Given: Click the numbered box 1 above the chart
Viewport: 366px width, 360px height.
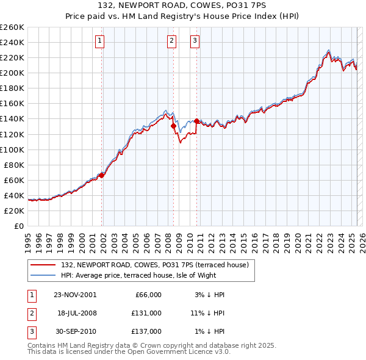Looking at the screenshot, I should pos(99,41).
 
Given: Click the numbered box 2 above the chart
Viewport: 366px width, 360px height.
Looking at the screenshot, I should pos(171,41).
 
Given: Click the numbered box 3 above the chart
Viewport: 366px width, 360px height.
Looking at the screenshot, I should pos(195,41).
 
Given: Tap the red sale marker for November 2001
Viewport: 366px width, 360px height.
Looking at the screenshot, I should pos(102,175).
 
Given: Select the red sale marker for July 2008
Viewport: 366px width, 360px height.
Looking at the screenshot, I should pos(173,126).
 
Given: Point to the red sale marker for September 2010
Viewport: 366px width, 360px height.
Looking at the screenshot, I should pos(197,121).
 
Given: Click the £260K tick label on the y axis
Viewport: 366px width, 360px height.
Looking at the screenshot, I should pos(12,27).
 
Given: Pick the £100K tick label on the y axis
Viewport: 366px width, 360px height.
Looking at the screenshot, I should pos(12,149).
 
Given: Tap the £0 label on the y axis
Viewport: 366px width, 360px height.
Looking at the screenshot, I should pos(18,226).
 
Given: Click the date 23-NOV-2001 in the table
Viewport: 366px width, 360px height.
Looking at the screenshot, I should pos(75,295).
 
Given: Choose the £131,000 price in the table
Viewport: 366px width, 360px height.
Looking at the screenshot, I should pos(146,313).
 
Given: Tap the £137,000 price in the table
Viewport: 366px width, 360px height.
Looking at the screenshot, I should pos(146,331).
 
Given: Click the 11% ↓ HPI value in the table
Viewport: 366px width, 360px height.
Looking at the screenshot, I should pos(207,313).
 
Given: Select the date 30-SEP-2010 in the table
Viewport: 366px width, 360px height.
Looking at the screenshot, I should pos(75,331).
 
